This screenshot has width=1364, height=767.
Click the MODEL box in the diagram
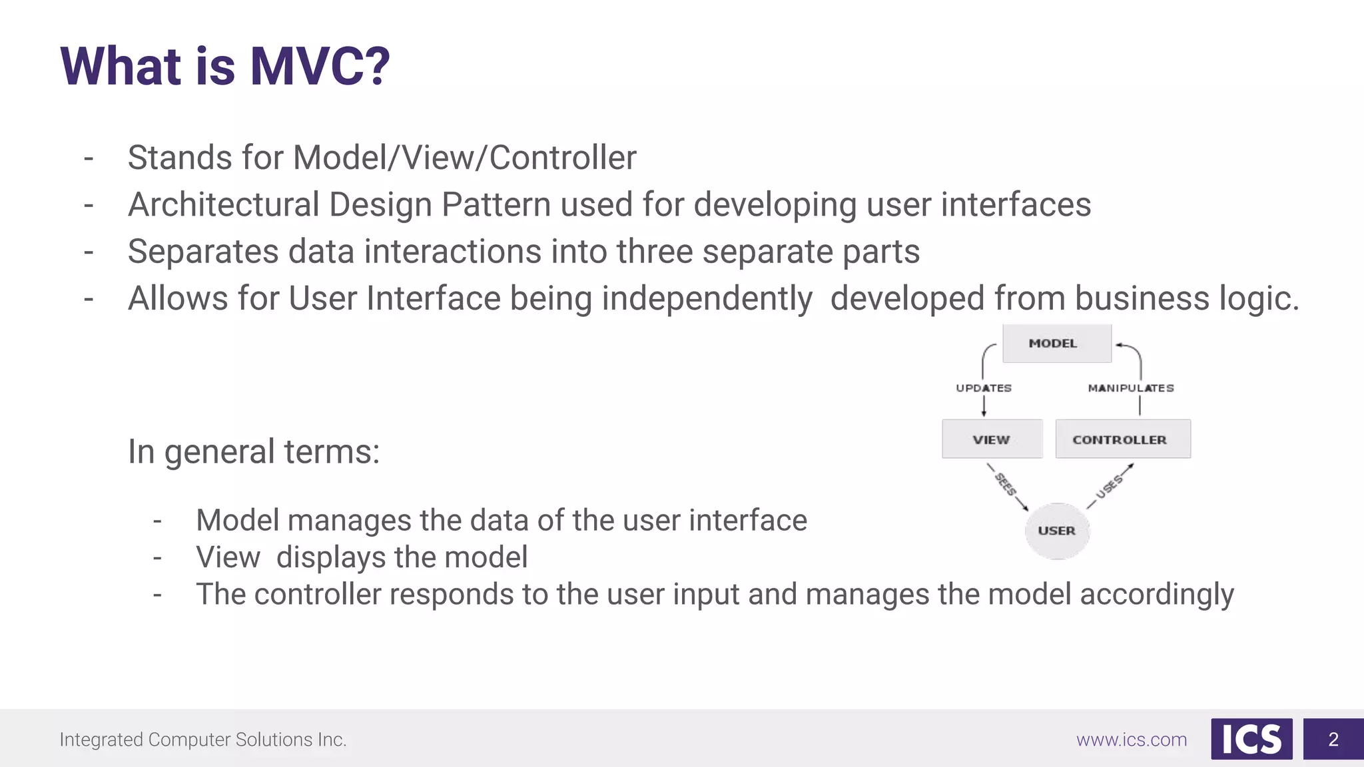tap(1056, 344)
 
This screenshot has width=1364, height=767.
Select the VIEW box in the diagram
tap(992, 439)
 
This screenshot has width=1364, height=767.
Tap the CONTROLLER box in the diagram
tap(1122, 439)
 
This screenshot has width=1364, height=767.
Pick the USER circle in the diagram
tap(1057, 531)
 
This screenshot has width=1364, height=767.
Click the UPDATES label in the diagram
tap(984, 388)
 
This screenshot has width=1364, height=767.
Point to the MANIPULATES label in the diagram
tap(1130, 388)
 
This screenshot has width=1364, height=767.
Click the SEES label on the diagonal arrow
tap(1006, 484)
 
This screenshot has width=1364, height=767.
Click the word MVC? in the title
tap(320, 67)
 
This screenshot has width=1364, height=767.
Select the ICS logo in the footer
tap(1251, 739)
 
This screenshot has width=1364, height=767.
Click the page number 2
tap(1333, 739)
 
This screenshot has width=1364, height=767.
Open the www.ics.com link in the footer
tap(1132, 740)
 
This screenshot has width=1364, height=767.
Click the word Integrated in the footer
tap(101, 740)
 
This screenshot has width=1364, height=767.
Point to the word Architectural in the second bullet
tap(224, 204)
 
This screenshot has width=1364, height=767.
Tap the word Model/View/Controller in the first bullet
tap(464, 158)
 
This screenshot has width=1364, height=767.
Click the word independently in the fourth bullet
tap(707, 298)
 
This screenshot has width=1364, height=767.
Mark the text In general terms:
tap(254, 451)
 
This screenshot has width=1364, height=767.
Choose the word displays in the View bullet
tap(356, 557)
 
